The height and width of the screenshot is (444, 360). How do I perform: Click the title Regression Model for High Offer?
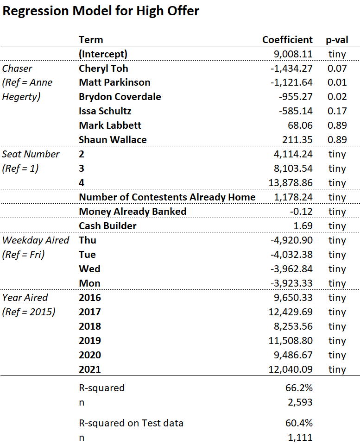coord(101,11)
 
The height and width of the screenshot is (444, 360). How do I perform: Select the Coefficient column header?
coord(287,40)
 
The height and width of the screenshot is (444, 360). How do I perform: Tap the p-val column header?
coord(337,40)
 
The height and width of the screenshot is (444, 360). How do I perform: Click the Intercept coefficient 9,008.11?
coord(293,54)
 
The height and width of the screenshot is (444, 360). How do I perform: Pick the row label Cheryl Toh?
coord(103,69)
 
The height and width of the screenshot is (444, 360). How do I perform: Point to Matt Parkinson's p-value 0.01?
coord(337,83)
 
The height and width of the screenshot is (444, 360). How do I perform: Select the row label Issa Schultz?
coord(105,111)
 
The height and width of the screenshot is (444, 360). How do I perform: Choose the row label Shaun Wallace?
coord(113,140)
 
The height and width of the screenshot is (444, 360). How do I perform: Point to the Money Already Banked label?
coord(133,212)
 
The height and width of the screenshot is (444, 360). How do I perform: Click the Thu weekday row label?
coord(88,240)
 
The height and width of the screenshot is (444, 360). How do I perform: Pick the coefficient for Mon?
coord(293,283)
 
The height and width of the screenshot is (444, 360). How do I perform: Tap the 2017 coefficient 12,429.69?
coord(291,312)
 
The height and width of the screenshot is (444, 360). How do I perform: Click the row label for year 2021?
coord(90,369)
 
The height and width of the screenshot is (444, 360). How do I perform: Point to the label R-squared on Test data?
coord(131,423)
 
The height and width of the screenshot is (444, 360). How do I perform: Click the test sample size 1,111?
coord(302,438)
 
